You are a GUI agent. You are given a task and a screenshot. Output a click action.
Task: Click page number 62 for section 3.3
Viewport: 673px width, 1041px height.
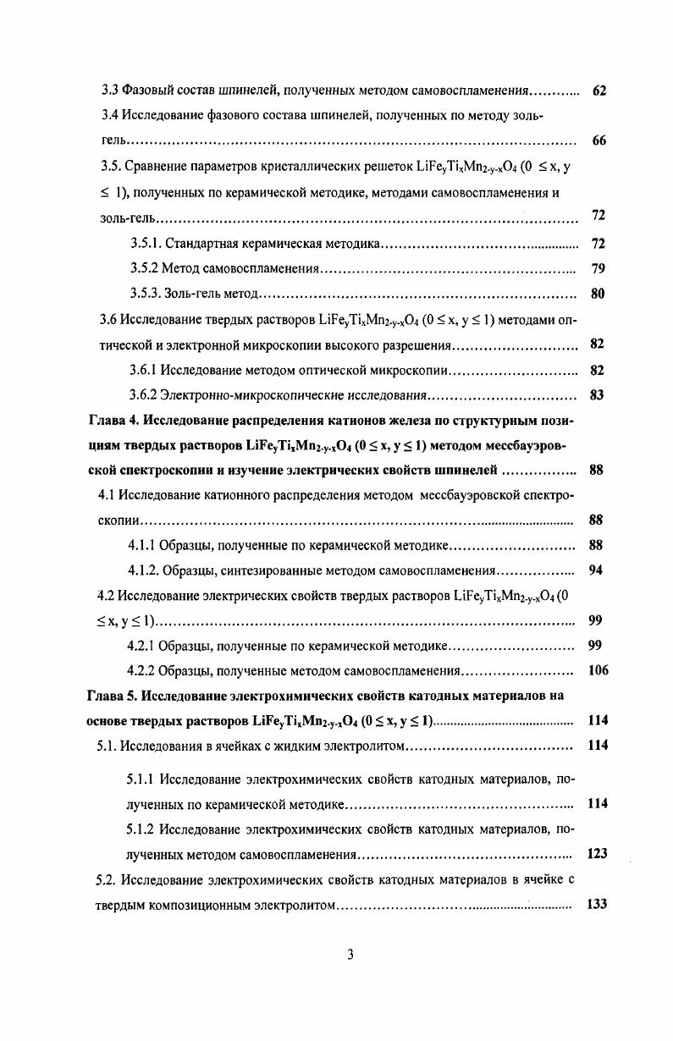click(599, 90)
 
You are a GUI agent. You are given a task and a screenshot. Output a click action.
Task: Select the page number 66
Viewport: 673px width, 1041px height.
click(599, 140)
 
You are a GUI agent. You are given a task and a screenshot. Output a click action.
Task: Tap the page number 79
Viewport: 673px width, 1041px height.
click(598, 269)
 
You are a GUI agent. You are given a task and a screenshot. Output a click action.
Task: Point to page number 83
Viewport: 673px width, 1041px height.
click(597, 395)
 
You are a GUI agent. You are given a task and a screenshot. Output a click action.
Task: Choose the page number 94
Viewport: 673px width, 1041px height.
click(596, 570)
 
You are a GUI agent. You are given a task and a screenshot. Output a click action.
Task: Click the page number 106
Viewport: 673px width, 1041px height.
click(598, 671)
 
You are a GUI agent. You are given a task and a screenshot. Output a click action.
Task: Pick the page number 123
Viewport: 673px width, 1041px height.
click(597, 854)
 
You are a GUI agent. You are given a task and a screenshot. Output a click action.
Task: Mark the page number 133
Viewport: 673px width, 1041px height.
click(597, 904)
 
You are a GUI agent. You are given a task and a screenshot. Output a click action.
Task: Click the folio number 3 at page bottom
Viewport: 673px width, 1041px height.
click(350, 955)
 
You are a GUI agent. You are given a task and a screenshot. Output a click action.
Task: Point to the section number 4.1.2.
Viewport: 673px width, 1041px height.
click(144, 570)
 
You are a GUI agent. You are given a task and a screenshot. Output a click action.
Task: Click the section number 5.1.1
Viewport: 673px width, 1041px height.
click(141, 779)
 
